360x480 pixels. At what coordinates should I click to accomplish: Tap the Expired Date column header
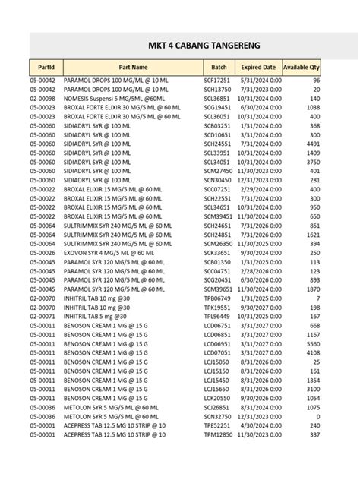[x=258, y=67]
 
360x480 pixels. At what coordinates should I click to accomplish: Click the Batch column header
[x=219, y=67]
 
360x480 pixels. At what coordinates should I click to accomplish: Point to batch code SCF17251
[x=216, y=81]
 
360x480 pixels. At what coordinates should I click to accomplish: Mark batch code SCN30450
[x=217, y=180]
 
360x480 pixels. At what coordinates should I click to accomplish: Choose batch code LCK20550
[x=217, y=397]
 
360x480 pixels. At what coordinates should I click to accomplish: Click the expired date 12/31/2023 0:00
[x=257, y=415]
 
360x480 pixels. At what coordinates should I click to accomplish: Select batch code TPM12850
[x=217, y=434]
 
